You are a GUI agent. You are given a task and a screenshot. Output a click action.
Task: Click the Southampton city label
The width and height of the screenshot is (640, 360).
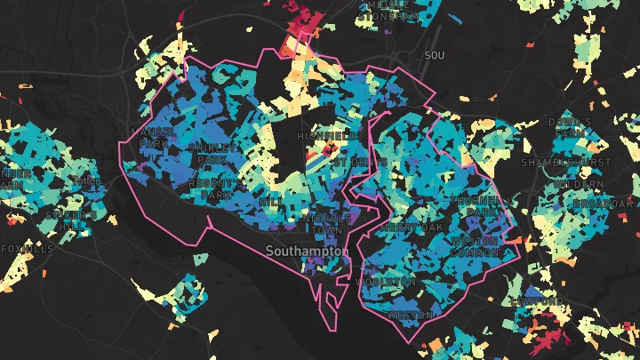coord(308,252)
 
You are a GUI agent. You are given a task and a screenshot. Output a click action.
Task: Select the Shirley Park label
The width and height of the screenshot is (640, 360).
coord(212,153)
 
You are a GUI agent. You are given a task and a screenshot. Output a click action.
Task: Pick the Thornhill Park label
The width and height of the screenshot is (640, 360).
coord(476,207)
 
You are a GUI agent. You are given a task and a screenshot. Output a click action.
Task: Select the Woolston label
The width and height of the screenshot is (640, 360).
coord(386,282)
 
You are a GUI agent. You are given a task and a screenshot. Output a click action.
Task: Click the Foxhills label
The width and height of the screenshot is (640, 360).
coord(27,248)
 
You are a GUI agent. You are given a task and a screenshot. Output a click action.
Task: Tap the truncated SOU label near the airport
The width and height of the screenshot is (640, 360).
coord(435,56)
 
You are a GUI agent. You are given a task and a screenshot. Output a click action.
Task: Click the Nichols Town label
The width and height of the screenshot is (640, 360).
coord(322,223)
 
